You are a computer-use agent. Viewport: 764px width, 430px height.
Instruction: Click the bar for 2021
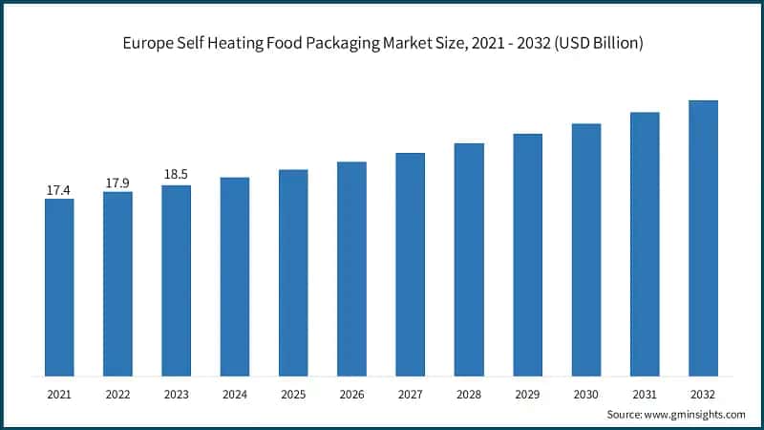point(59,287)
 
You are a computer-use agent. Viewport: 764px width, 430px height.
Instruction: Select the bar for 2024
point(235,276)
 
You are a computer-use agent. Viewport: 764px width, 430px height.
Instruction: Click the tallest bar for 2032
point(703,238)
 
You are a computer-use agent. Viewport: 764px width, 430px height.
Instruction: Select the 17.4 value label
point(59,191)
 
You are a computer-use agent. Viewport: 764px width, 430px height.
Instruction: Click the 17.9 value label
point(117,183)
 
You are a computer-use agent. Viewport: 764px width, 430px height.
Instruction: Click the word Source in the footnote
point(626,415)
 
